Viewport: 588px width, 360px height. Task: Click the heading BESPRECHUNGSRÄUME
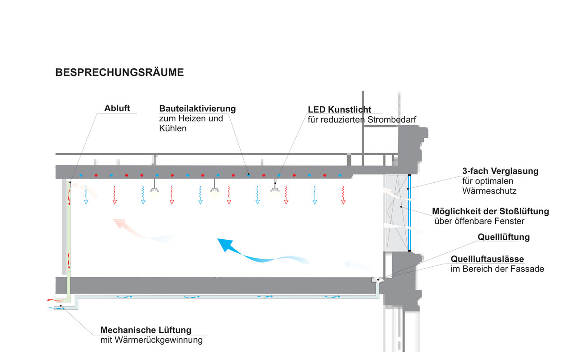pyautogui.click(x=119, y=72)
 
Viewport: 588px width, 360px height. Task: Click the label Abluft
pyautogui.click(x=117, y=109)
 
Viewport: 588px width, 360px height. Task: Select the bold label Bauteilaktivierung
pyautogui.click(x=197, y=109)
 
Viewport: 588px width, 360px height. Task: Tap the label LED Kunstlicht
pyautogui.click(x=340, y=109)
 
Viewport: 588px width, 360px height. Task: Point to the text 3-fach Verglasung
pyautogui.click(x=500, y=171)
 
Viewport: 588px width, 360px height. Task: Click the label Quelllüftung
pyautogui.click(x=503, y=237)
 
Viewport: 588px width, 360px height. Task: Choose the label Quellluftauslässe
pyautogui.click(x=487, y=259)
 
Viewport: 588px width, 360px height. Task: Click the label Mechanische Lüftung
pyautogui.click(x=146, y=330)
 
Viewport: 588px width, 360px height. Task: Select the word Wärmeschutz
pyautogui.click(x=489, y=191)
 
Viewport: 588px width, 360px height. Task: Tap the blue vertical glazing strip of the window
pyautogui.click(x=409, y=213)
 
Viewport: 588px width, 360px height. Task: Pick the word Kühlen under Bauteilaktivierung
pyautogui.click(x=173, y=128)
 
